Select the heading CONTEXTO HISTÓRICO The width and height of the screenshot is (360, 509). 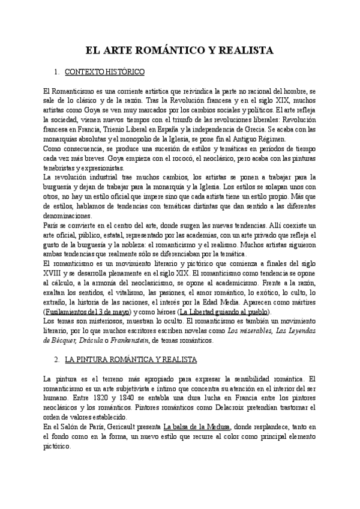coord(104,73)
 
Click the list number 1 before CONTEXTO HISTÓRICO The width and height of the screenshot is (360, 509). coord(56,73)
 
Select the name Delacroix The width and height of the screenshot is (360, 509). coord(242,408)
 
